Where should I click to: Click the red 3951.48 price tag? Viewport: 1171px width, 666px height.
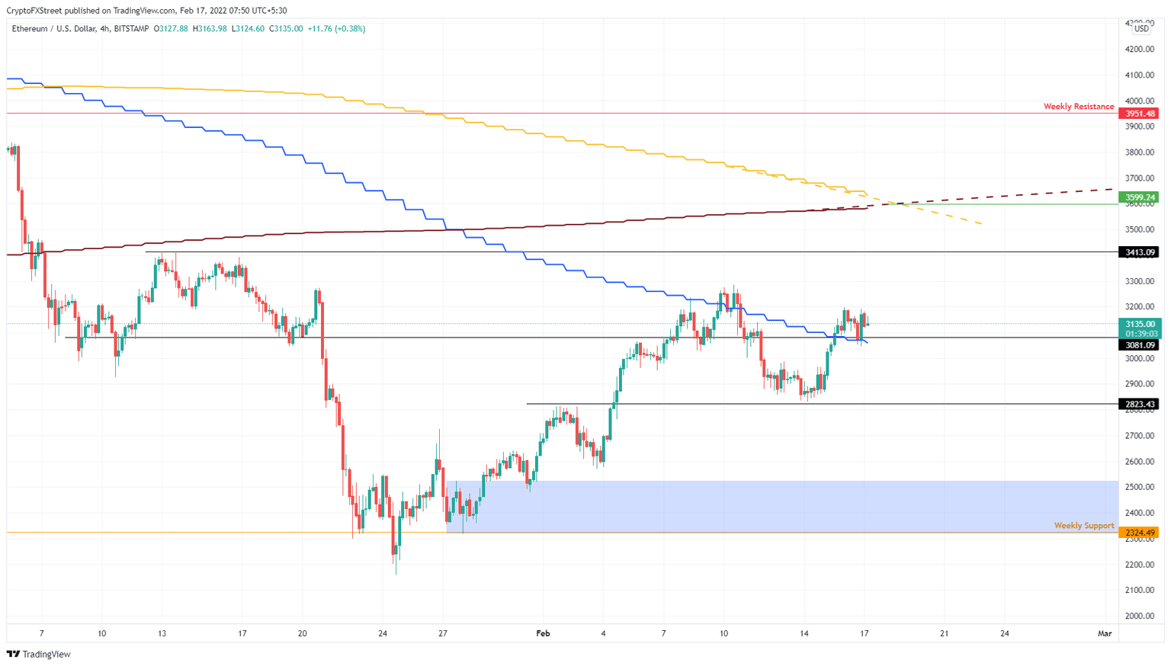click(x=1139, y=114)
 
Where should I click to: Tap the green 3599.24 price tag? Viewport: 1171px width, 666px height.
click(x=1139, y=197)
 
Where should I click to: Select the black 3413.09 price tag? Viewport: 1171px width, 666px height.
click(x=1139, y=252)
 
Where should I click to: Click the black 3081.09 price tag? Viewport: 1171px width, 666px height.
click(x=1139, y=345)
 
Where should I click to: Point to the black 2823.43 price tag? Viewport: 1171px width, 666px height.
click(x=1139, y=405)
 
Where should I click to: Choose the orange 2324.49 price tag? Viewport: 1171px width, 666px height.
click(x=1139, y=533)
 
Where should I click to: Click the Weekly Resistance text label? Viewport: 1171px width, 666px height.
click(x=1078, y=107)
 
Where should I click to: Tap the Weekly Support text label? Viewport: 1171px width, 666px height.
click(x=1083, y=526)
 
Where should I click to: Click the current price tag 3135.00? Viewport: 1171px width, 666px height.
click(x=1139, y=324)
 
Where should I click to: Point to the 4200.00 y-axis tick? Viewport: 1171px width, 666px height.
click(x=1139, y=50)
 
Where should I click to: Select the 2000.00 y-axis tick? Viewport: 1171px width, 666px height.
click(x=1139, y=616)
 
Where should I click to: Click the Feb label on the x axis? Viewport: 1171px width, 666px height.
click(x=543, y=633)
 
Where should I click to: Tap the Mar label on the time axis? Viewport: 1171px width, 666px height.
click(x=1104, y=633)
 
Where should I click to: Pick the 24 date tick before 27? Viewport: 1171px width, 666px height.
click(x=383, y=633)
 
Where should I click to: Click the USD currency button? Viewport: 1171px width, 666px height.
click(x=1141, y=29)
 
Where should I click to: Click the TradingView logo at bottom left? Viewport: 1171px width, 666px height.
click(x=39, y=654)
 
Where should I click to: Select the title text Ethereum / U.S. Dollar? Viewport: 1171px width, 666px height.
click(x=53, y=29)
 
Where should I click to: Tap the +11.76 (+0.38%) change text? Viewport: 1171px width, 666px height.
click(x=336, y=29)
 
